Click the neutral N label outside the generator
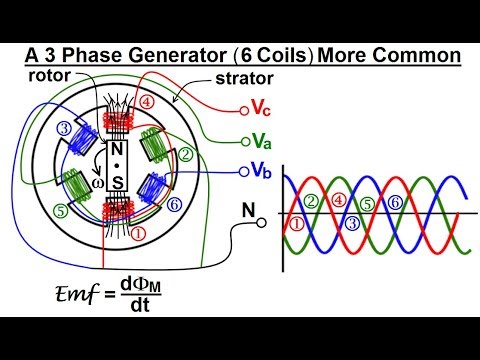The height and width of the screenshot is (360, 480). click(249, 212)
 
